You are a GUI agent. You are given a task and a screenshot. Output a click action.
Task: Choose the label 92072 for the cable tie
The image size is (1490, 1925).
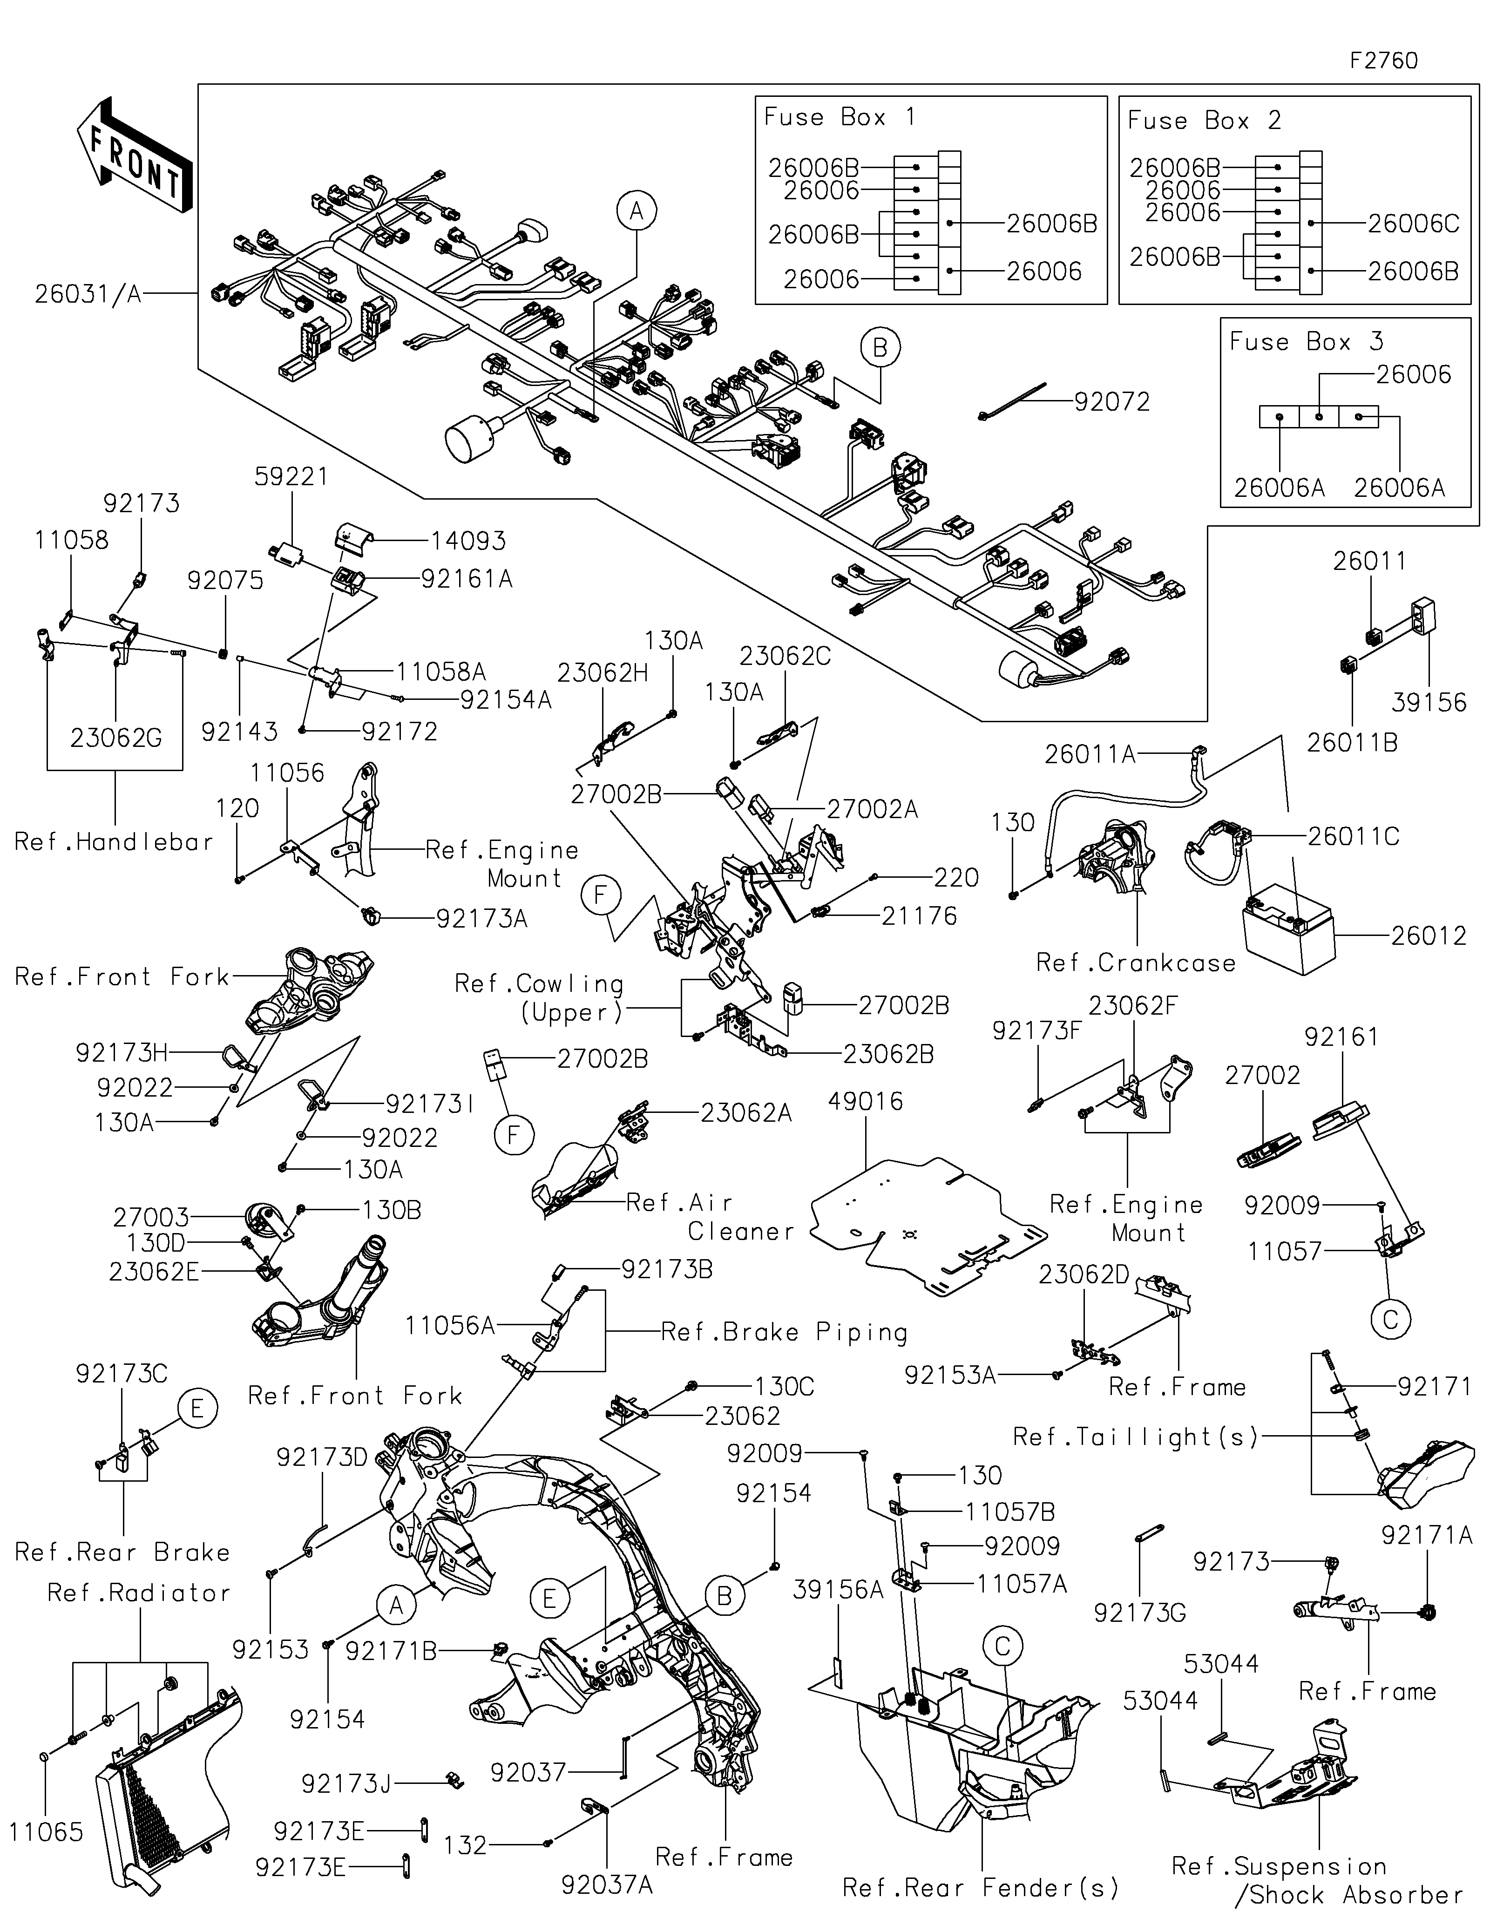(1112, 402)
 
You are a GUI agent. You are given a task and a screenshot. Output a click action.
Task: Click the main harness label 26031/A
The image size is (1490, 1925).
(88, 293)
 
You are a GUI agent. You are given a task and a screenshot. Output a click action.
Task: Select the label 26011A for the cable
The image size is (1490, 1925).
(1090, 754)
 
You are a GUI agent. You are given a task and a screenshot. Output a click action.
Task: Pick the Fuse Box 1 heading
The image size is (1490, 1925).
(840, 117)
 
